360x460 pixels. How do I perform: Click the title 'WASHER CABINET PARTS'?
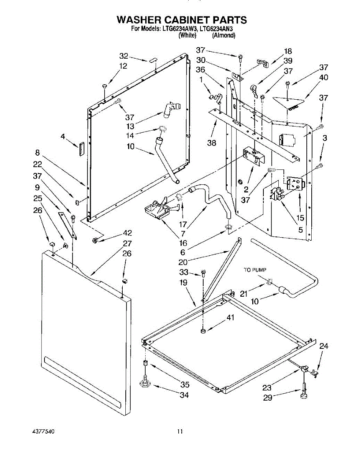click(182, 20)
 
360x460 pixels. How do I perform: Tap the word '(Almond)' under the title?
click(224, 35)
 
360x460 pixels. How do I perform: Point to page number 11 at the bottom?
click(180, 432)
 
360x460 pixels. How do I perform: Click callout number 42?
click(127, 233)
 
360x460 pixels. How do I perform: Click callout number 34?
click(184, 395)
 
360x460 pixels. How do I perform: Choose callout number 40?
click(324, 77)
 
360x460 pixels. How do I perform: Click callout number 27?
click(127, 243)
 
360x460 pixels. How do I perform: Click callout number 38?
click(211, 143)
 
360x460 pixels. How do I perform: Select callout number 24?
click(324, 346)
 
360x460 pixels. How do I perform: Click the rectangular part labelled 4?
click(81, 148)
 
